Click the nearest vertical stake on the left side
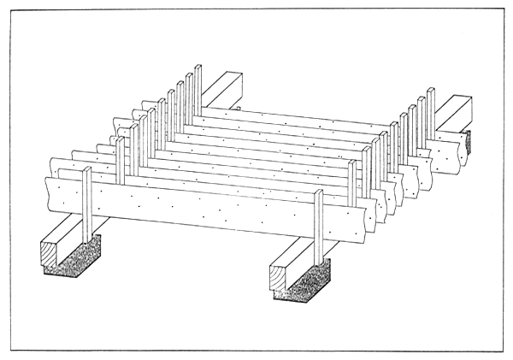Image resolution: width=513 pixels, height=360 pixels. (x=87, y=205)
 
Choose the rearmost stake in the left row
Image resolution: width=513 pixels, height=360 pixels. (x=198, y=90)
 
